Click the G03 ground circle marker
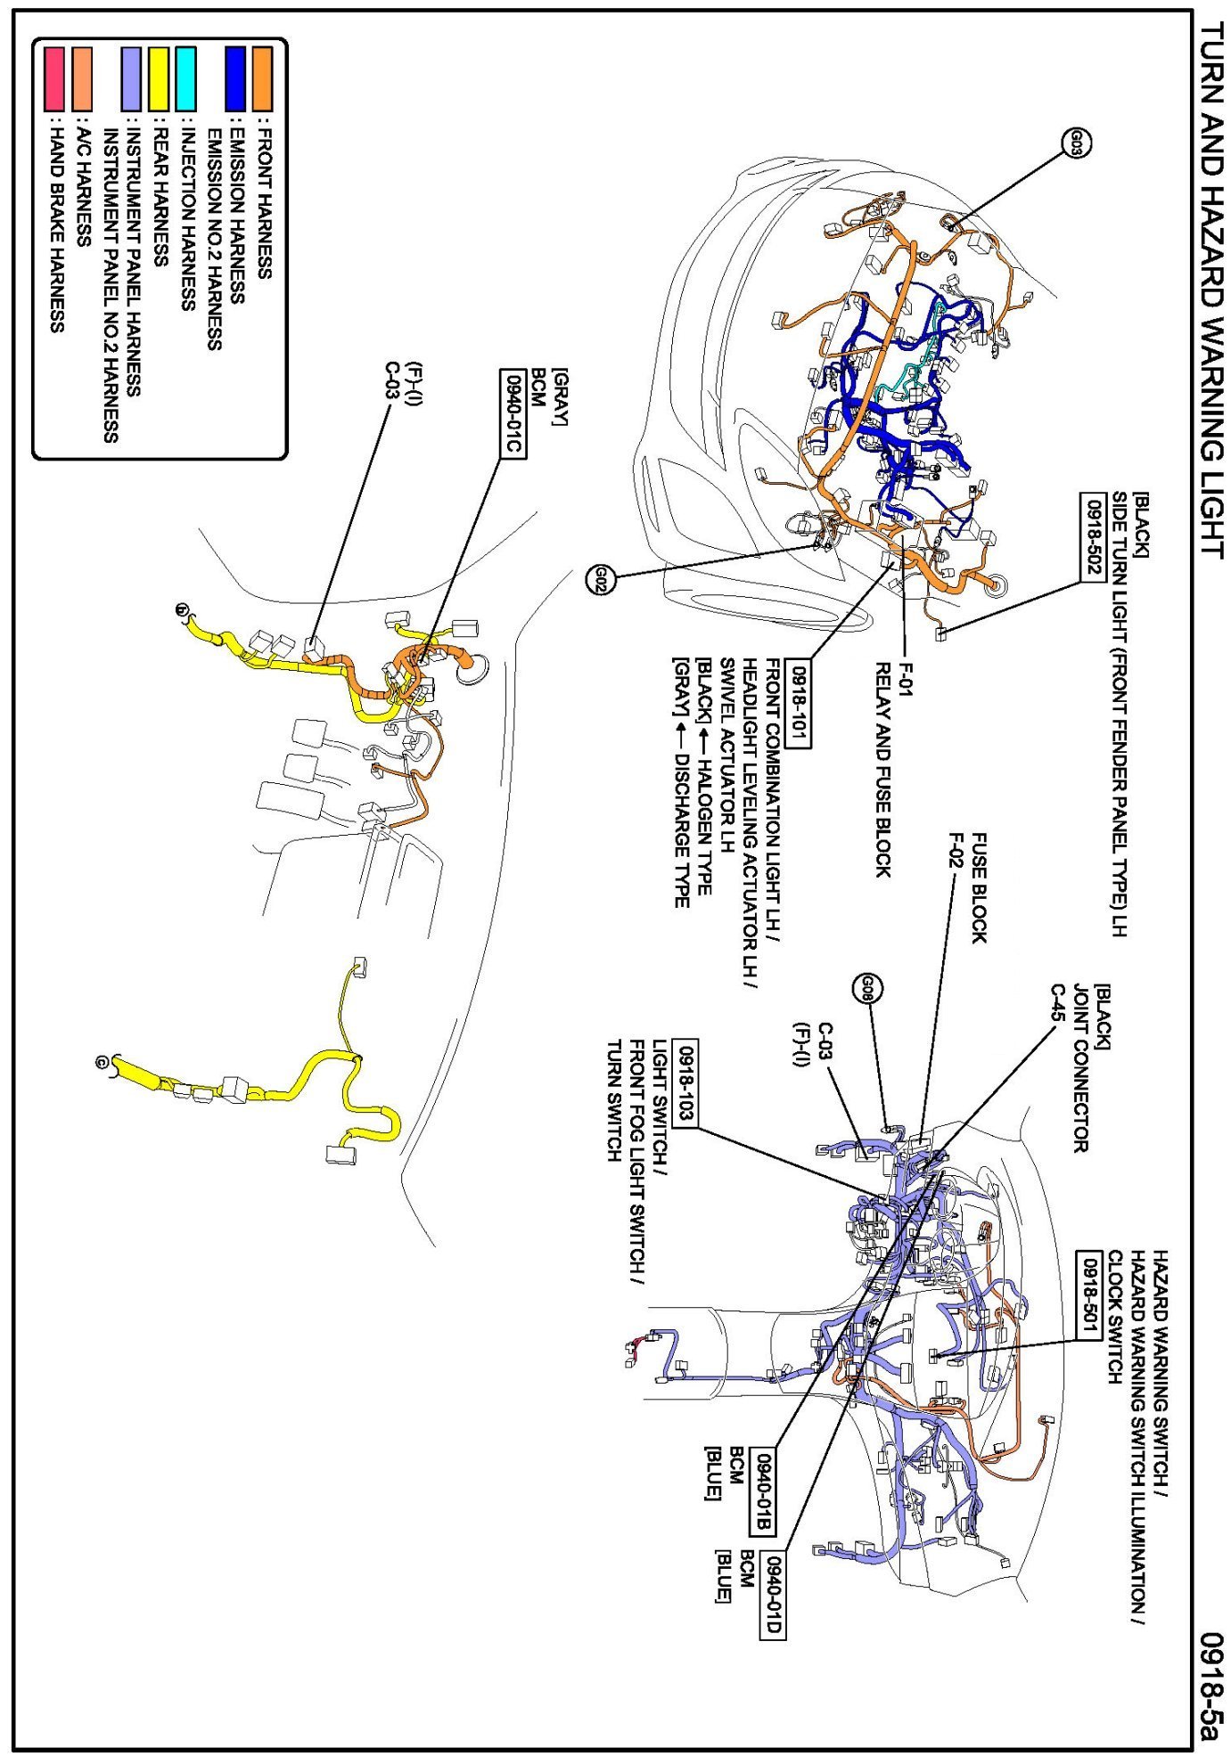pos(1076,141)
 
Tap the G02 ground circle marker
pos(601,580)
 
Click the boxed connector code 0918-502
pos(1093,537)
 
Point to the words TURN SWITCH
pos(614,1100)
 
